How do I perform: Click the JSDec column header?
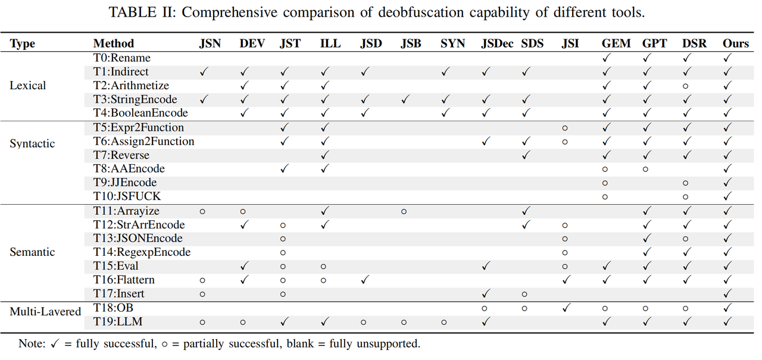tap(497, 43)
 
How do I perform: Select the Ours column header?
tap(736, 43)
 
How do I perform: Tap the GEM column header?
tap(616, 43)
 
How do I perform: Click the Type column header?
tap(23, 43)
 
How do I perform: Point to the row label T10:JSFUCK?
tap(127, 196)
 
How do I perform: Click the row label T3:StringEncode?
tap(135, 99)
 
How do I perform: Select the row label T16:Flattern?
tap(124, 280)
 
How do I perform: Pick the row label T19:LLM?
tap(118, 322)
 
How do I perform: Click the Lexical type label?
tap(27, 86)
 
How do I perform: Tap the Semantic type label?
tap(32, 252)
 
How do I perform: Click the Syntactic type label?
tap(32, 143)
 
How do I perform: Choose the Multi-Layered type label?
tap(45, 311)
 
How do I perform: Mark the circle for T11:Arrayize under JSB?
tap(404, 211)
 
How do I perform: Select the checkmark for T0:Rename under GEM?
tap(607, 58)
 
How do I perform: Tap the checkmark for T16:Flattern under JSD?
tap(364, 280)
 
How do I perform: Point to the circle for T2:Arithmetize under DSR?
tap(685, 86)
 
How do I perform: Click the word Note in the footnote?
tap(31, 343)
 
